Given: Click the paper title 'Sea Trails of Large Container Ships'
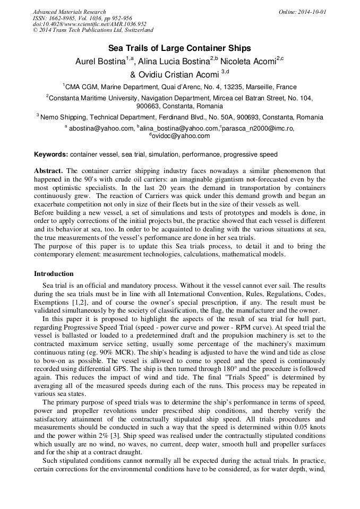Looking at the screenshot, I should tap(179, 49).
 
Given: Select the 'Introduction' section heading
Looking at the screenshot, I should tap(54, 274).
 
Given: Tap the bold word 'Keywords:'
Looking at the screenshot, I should tap(51, 154).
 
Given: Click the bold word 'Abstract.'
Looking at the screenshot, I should tap(49, 171).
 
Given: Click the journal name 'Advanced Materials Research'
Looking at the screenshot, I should tap(69, 12).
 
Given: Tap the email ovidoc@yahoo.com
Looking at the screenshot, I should tap(181, 136).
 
